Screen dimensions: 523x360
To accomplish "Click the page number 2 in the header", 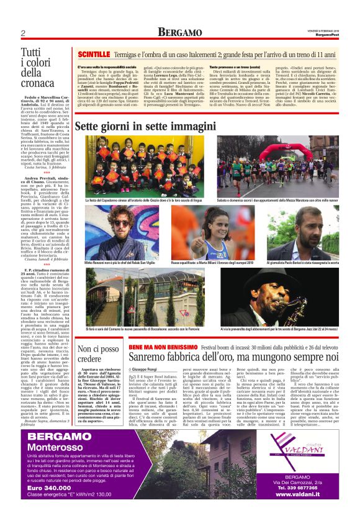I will [22, 33].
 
